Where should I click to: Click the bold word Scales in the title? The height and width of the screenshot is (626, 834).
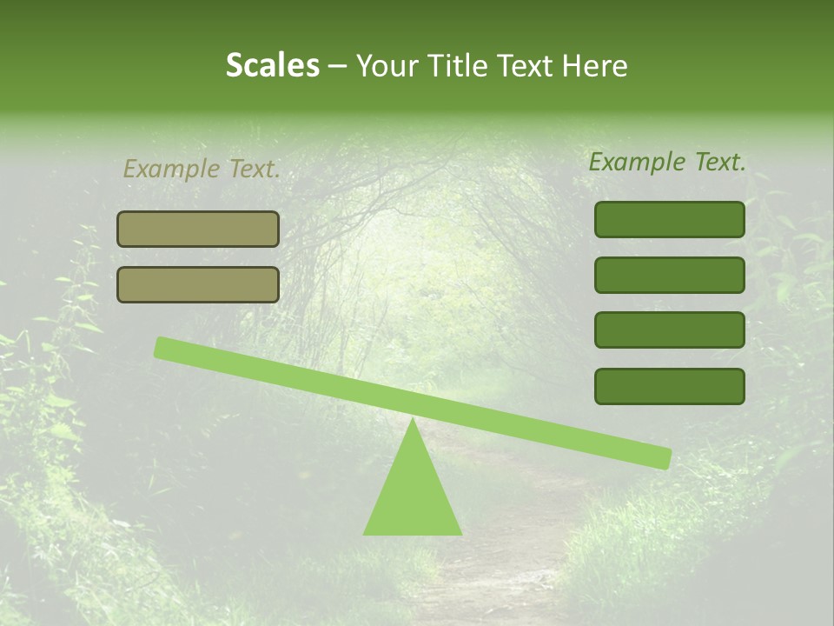[272, 65]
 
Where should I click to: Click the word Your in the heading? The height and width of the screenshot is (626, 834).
[387, 66]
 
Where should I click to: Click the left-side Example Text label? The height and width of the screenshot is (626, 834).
[202, 170]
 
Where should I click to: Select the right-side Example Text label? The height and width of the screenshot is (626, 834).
[667, 162]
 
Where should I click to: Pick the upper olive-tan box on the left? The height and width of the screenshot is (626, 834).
[198, 229]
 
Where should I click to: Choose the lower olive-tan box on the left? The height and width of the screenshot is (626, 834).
[198, 284]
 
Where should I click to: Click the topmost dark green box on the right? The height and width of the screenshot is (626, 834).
[669, 219]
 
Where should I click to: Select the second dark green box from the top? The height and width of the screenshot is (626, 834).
[669, 275]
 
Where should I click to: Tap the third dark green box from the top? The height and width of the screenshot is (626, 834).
[669, 330]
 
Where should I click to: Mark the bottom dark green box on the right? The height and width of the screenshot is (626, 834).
[669, 386]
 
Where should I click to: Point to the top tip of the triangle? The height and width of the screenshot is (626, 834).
[412, 420]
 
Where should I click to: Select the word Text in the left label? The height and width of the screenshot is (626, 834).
[253, 170]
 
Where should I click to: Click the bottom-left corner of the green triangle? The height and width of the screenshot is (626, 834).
[365, 533]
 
